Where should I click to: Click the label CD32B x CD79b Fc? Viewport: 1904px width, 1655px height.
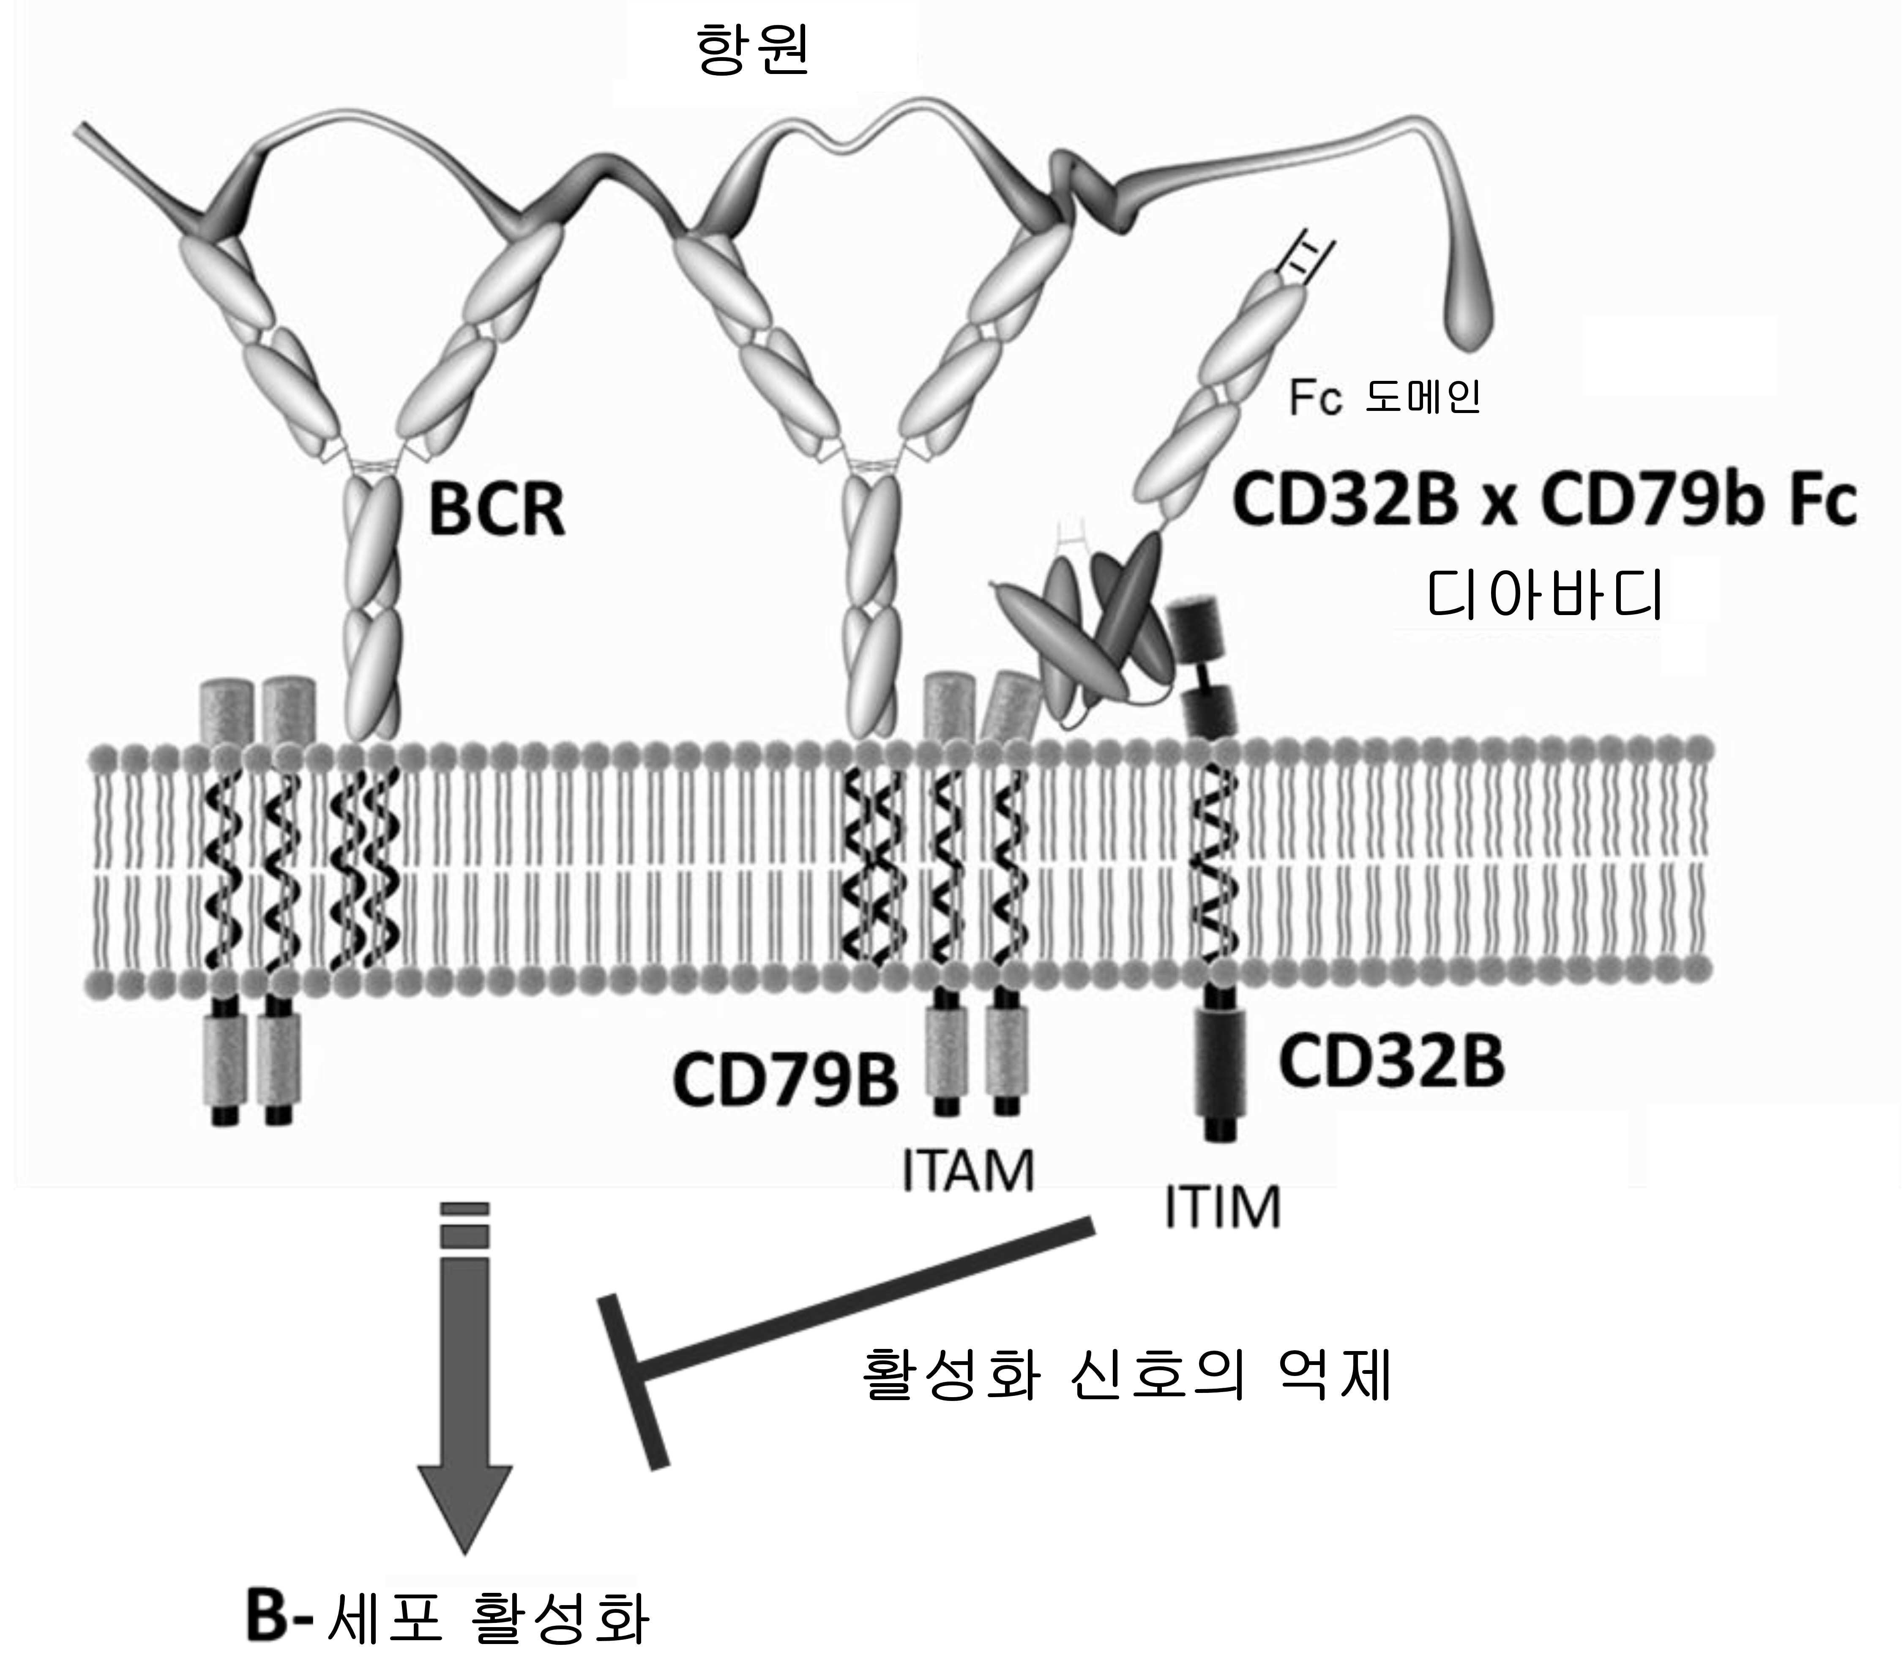pos(1544,501)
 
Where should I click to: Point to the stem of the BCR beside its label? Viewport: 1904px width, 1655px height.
pos(372,591)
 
